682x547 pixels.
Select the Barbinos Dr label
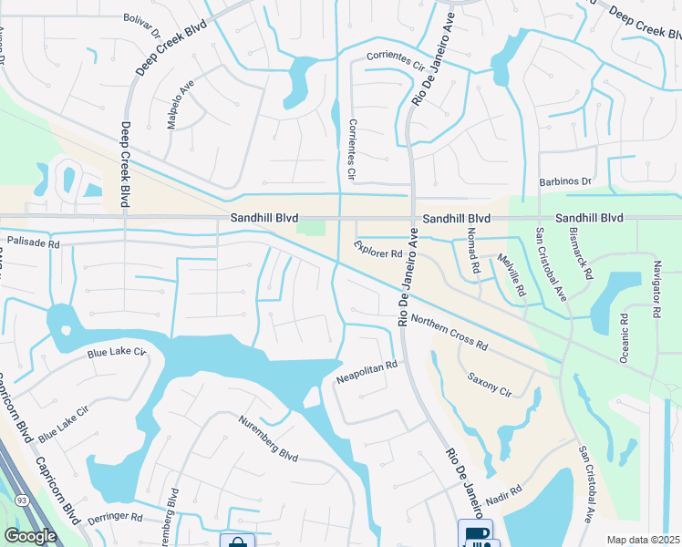click(x=565, y=181)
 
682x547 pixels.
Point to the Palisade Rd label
click(x=33, y=244)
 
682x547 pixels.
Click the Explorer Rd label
click(x=379, y=247)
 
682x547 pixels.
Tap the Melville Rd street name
click(x=512, y=273)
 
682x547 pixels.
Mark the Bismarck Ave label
click(x=582, y=253)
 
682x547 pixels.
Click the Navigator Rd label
click(x=656, y=288)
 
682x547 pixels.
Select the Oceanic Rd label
click(x=625, y=339)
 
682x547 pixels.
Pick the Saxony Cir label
click(x=490, y=383)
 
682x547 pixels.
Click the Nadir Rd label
click(x=501, y=495)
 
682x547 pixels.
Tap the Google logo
click(x=30, y=536)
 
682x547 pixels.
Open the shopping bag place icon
click(x=238, y=542)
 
